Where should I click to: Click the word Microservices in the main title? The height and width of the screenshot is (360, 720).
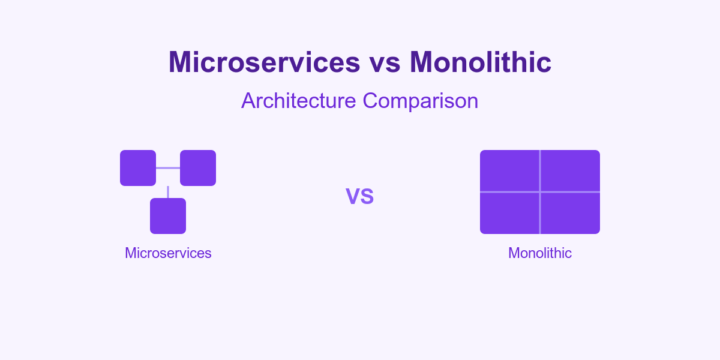coord(264,62)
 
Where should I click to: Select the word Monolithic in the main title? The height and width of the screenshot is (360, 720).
coord(481,62)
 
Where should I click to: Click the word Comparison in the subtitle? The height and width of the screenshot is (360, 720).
coord(421,101)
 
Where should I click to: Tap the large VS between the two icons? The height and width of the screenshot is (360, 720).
coord(360,196)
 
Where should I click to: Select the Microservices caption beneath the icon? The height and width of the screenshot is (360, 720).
coord(168,253)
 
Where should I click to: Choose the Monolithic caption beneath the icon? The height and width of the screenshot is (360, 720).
coord(540,253)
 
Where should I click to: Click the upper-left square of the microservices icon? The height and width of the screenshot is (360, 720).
coord(138,168)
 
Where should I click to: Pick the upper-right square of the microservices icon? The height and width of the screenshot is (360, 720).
coord(198,168)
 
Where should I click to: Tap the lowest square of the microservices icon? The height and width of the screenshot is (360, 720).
coord(168,216)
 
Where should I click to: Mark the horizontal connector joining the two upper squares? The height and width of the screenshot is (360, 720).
coord(168,168)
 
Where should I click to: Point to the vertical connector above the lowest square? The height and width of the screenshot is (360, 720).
coord(168,192)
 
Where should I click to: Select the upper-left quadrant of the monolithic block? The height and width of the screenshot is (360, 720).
coord(510,171)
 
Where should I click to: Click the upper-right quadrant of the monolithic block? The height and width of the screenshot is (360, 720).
coord(570,171)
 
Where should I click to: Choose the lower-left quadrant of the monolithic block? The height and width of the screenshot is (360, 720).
coord(510,213)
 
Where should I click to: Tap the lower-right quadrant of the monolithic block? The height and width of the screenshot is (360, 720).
coord(570,213)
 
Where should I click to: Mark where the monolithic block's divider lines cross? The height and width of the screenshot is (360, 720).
coord(540,192)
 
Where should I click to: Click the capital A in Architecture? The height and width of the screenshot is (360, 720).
coord(248,101)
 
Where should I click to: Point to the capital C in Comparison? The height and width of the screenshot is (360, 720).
coord(371,101)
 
